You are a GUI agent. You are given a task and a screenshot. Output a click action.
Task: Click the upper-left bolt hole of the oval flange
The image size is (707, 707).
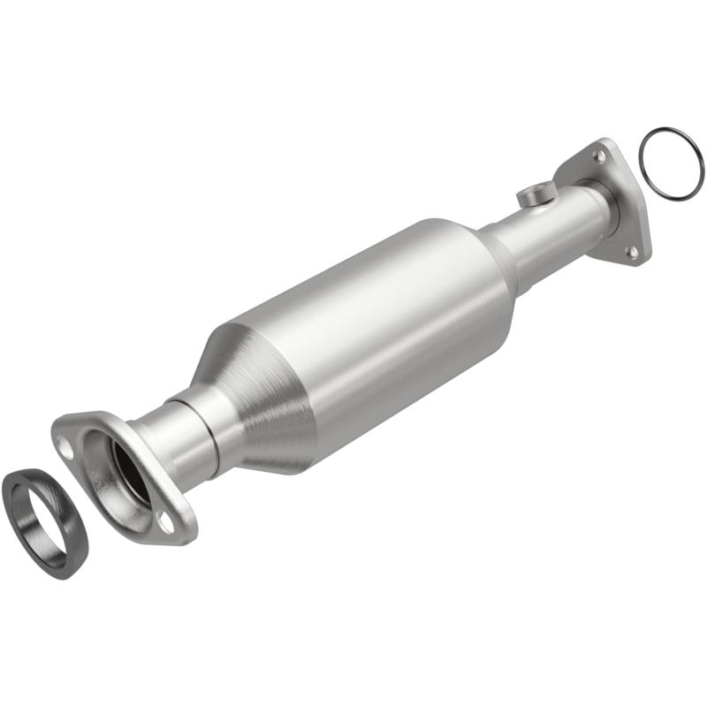[x=64, y=444]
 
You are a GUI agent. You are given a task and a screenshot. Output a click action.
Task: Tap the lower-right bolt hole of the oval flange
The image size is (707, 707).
[x=166, y=521]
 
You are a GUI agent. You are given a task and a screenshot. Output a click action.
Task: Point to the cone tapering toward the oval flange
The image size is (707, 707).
[x=256, y=389]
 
